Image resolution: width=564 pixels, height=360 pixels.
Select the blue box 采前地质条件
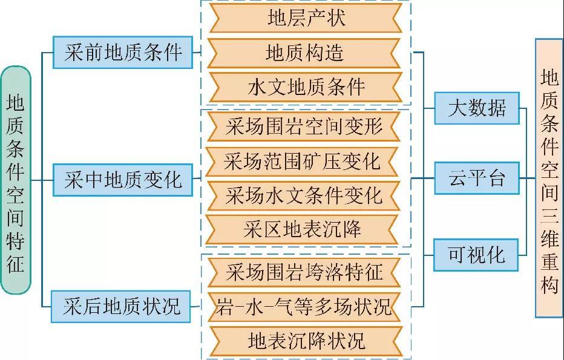[x=123, y=53]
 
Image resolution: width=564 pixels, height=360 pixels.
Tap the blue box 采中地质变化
[x=123, y=180]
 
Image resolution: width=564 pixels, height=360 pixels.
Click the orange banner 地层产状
[x=306, y=19]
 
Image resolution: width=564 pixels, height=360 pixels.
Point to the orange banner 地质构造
[x=306, y=53]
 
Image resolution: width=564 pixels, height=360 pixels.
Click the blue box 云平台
[x=477, y=179]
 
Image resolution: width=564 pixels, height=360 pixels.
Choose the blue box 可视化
[x=477, y=254]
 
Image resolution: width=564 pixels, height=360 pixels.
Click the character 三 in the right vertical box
[x=549, y=215]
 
